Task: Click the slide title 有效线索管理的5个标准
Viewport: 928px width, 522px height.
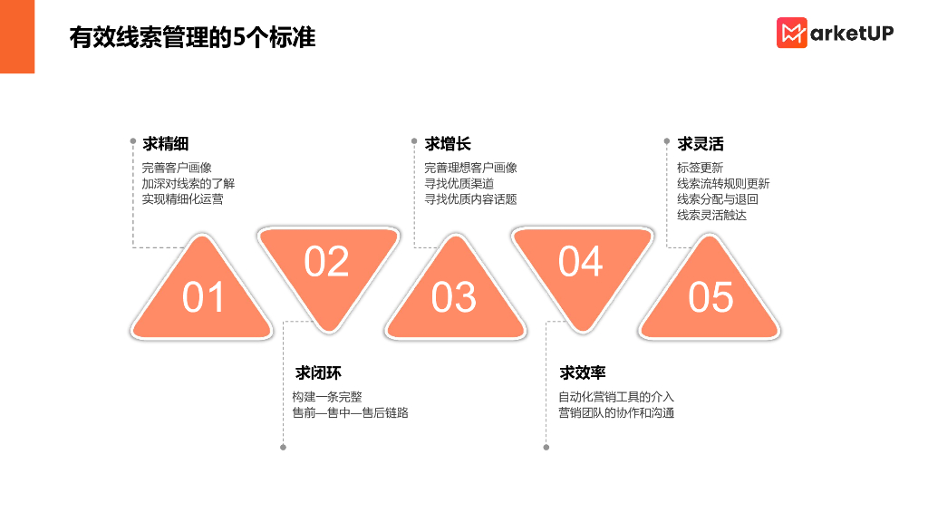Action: (x=192, y=37)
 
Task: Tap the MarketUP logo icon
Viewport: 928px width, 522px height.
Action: (x=791, y=34)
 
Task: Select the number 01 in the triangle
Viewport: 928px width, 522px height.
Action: (x=203, y=297)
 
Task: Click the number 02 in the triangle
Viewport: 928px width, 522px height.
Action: (x=326, y=262)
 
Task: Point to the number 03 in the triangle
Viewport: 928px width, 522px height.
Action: (x=453, y=297)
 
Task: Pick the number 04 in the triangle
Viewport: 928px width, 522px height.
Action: (x=580, y=262)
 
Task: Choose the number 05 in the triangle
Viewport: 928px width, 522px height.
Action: (x=710, y=297)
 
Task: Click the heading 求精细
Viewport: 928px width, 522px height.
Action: (x=165, y=144)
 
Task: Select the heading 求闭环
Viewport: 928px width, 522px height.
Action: (x=318, y=373)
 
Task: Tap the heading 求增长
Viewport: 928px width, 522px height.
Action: (x=448, y=144)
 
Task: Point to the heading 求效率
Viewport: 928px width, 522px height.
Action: (x=583, y=373)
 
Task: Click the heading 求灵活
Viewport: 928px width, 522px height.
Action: (x=701, y=144)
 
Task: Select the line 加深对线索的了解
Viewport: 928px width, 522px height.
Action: (x=188, y=183)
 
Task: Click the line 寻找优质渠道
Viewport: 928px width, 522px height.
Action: (x=459, y=183)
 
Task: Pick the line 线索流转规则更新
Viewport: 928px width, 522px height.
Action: (x=723, y=183)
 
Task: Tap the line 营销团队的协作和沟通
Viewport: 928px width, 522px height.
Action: (x=616, y=413)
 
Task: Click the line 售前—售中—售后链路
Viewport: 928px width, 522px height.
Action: (x=350, y=413)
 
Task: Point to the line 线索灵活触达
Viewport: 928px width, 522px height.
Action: (x=711, y=215)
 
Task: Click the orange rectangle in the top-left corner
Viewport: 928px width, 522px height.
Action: (x=17, y=36)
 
